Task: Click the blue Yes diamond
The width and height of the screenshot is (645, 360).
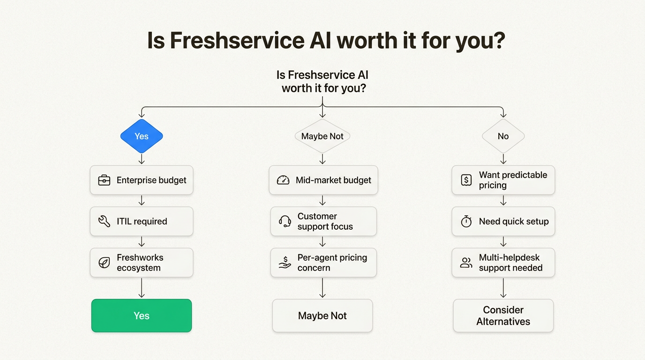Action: point(142,136)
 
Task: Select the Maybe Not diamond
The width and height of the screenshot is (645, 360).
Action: point(322,136)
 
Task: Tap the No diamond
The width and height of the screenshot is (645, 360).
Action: point(503,136)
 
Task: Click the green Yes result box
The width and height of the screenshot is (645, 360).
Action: point(142,315)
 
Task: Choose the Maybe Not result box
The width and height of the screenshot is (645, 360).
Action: point(322,315)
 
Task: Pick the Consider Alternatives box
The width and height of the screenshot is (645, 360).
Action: point(503,315)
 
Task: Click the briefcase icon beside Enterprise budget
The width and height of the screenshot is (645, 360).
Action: point(104,180)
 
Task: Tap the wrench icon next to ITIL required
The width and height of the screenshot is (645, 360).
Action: point(104,221)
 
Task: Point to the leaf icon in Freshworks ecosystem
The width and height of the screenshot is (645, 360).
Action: point(104,262)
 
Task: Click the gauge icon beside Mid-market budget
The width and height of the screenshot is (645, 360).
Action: point(283,180)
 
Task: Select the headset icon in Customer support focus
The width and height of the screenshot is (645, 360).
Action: point(285,221)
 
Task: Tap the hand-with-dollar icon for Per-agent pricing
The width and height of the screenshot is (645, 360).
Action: point(285,262)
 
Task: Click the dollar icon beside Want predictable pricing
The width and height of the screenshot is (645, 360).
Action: point(466,180)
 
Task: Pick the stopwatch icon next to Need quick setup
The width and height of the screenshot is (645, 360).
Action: point(466,221)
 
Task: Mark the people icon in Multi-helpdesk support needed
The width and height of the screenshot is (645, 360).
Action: point(466,262)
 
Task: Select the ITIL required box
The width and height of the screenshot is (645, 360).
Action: point(142,221)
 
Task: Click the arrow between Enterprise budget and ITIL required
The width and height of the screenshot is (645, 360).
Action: point(142,201)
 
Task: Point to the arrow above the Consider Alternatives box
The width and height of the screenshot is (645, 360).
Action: point(503,288)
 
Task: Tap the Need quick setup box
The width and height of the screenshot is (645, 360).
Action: point(503,221)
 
